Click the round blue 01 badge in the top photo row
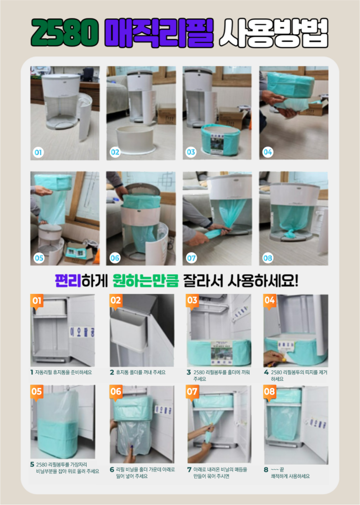38,153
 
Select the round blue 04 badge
267,152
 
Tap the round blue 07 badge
191,258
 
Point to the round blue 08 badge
267,258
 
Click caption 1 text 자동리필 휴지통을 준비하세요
63,372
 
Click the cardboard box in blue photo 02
167,114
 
